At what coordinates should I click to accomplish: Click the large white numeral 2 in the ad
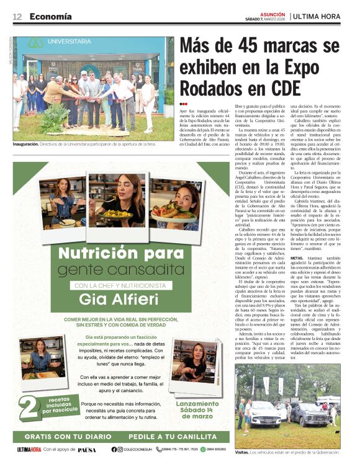(28, 406)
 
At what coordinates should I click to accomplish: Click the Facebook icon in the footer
(114, 449)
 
